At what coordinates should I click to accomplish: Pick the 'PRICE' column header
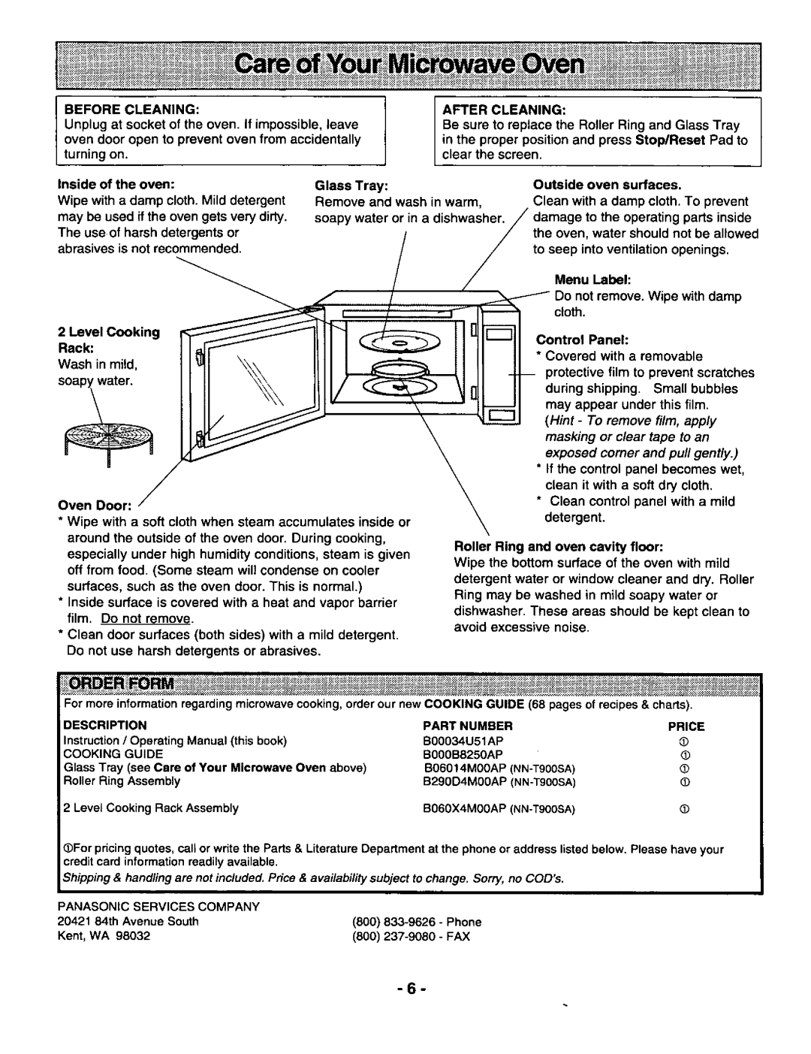[686, 726]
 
